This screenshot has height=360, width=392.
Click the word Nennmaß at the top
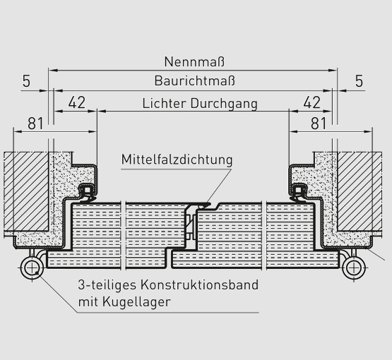(x=194, y=61)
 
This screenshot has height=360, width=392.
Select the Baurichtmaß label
(x=195, y=80)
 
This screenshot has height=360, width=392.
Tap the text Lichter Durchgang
(x=200, y=103)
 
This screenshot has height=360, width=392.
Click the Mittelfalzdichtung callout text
(x=177, y=159)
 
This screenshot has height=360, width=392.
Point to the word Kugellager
(x=136, y=302)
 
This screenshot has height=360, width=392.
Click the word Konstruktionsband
(x=199, y=284)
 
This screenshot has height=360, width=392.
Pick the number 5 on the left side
(x=26, y=81)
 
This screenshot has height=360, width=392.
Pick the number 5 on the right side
(x=359, y=81)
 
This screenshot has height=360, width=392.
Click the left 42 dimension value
(x=77, y=102)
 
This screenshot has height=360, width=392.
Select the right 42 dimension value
(x=312, y=102)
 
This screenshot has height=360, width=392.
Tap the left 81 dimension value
(x=35, y=124)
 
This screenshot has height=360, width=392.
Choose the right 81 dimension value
(x=319, y=124)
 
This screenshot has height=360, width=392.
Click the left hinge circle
(x=32, y=268)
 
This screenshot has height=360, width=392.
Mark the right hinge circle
(x=353, y=268)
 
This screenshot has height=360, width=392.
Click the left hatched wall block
(x=26, y=191)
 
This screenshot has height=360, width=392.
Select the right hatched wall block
(x=360, y=191)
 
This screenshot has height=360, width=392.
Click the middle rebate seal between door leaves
(x=204, y=206)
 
